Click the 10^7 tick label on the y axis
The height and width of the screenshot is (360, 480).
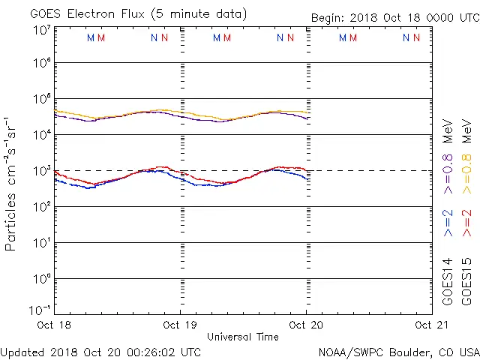[42, 31]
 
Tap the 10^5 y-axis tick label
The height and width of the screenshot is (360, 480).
[42, 100]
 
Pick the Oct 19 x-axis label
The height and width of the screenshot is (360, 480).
[181, 325]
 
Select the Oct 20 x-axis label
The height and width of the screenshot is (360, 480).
[307, 325]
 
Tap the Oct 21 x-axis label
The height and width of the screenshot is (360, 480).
[432, 325]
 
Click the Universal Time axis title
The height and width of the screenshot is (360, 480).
[243, 337]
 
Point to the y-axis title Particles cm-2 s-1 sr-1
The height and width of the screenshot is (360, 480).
[11, 183]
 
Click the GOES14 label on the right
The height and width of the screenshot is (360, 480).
[448, 281]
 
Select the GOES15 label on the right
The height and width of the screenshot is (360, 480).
[467, 281]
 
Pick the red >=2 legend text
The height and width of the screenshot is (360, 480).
[467, 223]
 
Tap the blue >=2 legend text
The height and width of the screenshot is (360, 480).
[448, 223]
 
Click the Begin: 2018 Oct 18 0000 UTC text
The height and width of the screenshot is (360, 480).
[394, 18]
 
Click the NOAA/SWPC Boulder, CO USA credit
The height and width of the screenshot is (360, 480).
[398, 351]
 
